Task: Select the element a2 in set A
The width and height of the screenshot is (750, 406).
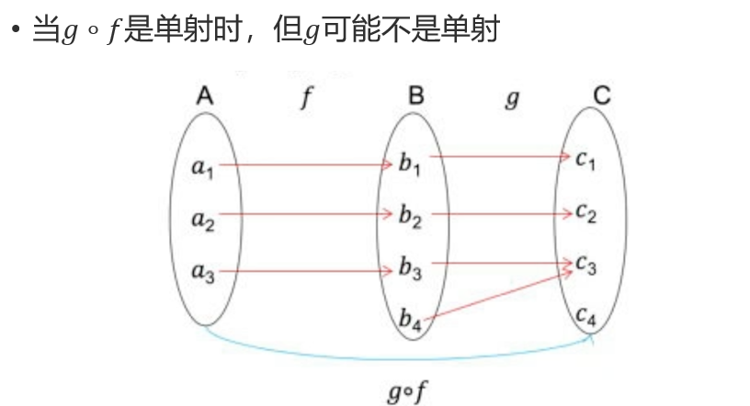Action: tap(202, 220)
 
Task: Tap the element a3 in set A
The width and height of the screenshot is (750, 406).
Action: tap(202, 272)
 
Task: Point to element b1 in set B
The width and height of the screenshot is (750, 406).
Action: tap(410, 165)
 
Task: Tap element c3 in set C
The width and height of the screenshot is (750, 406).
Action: tap(586, 266)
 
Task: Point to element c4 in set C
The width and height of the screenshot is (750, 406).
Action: tap(586, 318)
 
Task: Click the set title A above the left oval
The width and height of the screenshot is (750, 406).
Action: tap(205, 96)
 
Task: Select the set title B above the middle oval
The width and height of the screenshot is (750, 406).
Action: tap(415, 96)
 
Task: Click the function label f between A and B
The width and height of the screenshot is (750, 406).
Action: tap(304, 99)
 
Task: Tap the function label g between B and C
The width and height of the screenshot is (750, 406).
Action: tap(512, 99)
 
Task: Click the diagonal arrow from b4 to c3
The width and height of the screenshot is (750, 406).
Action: tap(501, 293)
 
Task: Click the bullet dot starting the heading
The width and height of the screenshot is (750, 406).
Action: tap(15, 30)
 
